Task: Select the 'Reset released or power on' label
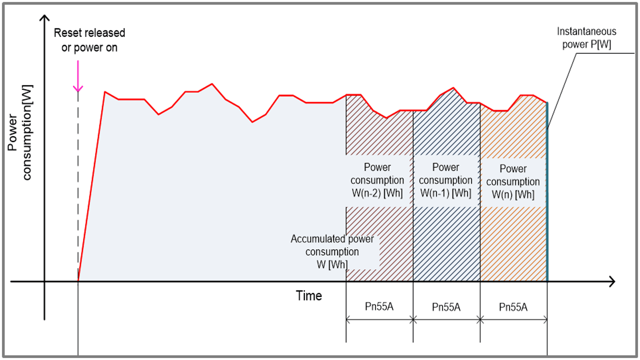tap(89, 40)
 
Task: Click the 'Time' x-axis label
tap(308, 296)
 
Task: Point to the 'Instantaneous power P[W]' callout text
tap(586, 38)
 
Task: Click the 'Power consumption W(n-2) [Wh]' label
tap(377, 180)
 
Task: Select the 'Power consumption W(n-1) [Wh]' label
tap(445, 180)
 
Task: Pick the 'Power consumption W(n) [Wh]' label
tap(513, 181)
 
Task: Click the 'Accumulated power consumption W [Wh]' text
tap(332, 251)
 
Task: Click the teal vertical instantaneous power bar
tap(547, 200)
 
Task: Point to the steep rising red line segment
tap(91, 185)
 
